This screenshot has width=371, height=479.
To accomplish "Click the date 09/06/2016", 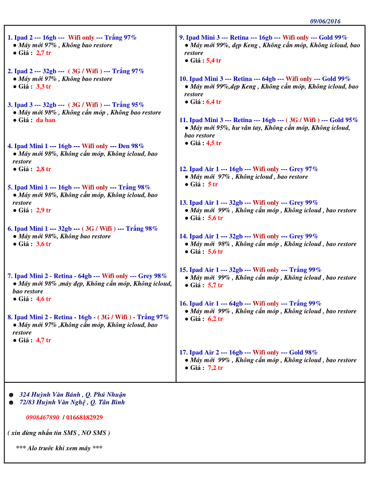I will (325, 21).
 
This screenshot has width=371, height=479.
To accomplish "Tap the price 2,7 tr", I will (44, 53).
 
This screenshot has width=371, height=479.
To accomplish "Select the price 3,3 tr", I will (44, 86).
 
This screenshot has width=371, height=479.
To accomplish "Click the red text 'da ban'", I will (46, 120).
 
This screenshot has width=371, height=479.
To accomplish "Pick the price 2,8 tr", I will (44, 169).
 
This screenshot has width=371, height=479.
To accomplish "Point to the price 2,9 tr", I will (44, 210).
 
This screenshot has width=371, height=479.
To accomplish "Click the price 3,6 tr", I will (44, 244).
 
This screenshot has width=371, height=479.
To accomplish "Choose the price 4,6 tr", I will (44, 299).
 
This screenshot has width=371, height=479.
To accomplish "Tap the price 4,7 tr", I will (44, 340).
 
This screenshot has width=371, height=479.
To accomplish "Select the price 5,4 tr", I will (214, 61).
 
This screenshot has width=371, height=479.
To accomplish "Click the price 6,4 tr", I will (214, 102).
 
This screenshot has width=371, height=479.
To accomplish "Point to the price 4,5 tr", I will (214, 143).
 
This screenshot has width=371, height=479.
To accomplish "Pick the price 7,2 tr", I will (216, 368).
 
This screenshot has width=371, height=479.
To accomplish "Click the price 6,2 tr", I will (216, 319).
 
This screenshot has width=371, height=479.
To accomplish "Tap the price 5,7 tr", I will (216, 285).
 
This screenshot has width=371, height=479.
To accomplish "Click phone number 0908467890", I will (43, 417).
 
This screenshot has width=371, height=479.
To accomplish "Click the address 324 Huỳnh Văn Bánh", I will (50, 394).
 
